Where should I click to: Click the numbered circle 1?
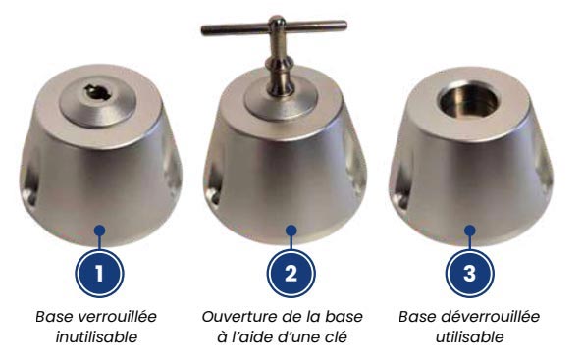pos(99,274)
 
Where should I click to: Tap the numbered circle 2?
pos(291,274)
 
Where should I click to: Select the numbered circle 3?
pos(469,274)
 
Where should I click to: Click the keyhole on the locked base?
pos(97,92)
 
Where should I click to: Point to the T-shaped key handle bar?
pos(274,27)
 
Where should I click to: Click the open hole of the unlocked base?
pos(469,99)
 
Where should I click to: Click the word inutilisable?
pos(96,337)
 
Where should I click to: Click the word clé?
pos(336,337)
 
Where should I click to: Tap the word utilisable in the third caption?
pos(469,337)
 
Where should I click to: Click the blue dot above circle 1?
pos(99,231)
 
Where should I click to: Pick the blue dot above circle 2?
pos(291,231)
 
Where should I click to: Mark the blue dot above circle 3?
pos(470,231)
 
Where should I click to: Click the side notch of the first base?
pos(29,185)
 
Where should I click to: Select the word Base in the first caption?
pos(55,317)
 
